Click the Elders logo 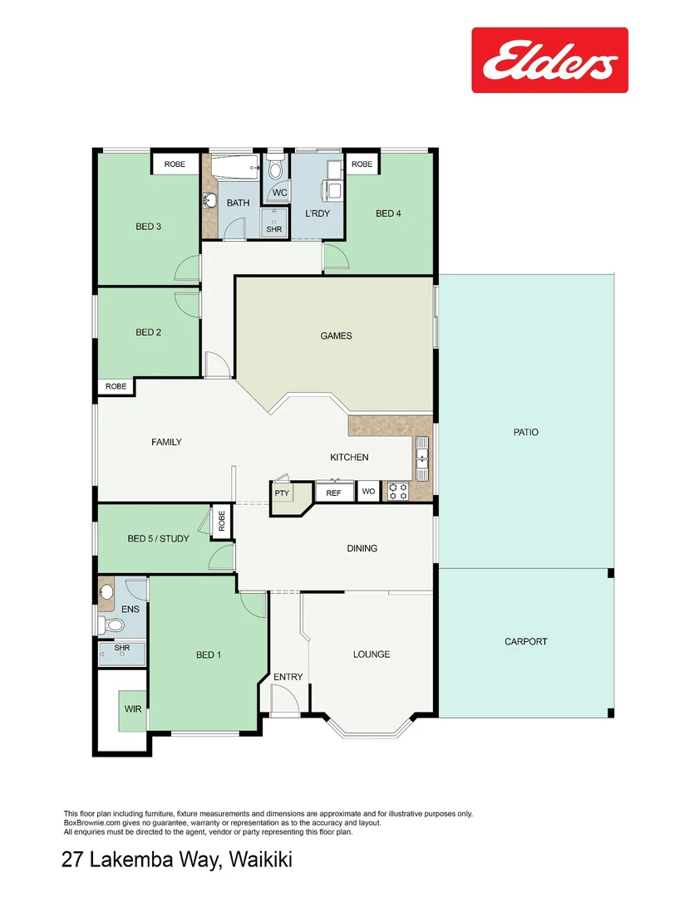pos(549,61)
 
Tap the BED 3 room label pos(148,226)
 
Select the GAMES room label pos(336,336)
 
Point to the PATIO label pos(525,432)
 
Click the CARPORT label pos(525,641)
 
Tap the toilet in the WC pos(275,170)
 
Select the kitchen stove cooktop pos(398,491)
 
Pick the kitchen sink pos(422,458)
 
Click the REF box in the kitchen pos(333,493)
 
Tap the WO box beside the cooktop pos(368,493)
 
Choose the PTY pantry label pos(282,493)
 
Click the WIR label pos(132,709)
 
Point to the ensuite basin pos(106,592)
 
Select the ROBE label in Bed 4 pos(362,164)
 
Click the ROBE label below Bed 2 pos(116,386)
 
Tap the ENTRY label pos(288,677)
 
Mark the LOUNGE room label pos(371,654)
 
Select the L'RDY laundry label pos(317,213)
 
